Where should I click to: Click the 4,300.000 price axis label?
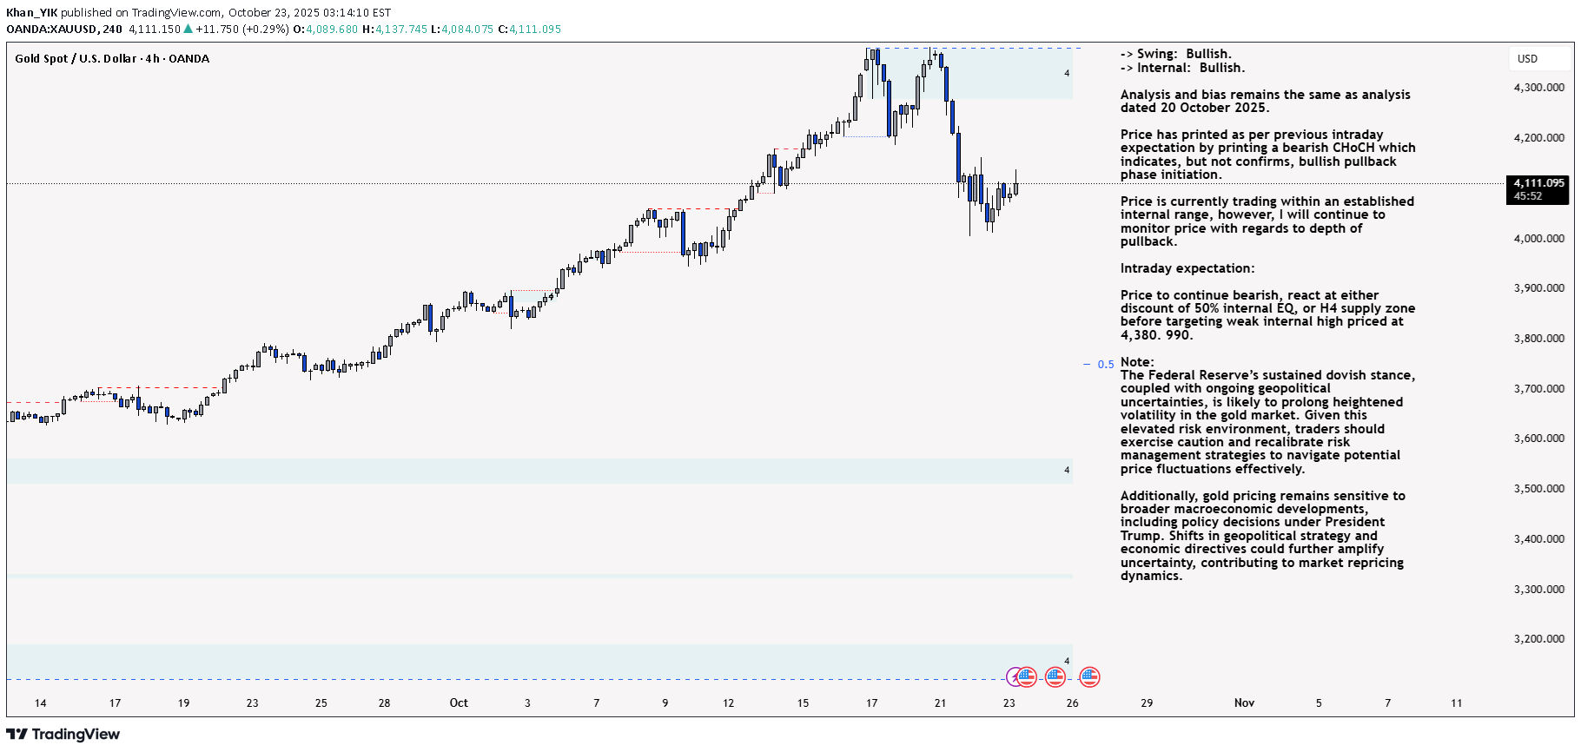pos(1538,88)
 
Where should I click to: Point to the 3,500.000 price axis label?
pos(1538,489)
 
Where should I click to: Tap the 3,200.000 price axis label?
pos(1538,639)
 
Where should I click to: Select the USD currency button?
pos(1527,59)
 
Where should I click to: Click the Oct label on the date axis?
pos(459,703)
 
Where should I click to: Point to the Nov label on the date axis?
pos(1244,703)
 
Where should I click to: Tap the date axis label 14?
pos(40,703)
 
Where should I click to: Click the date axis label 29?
pos(1147,703)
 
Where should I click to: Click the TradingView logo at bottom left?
pos(63,735)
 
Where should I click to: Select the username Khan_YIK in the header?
pos(31,13)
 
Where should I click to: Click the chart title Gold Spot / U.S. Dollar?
pos(76,59)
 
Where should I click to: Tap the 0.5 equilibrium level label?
pos(1105,365)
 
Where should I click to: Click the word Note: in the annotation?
pos(1137,362)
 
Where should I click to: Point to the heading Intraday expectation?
pos(1187,268)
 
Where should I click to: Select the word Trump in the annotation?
pos(1140,536)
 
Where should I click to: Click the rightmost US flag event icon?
pos(1089,676)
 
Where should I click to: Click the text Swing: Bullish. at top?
pos(1184,54)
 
